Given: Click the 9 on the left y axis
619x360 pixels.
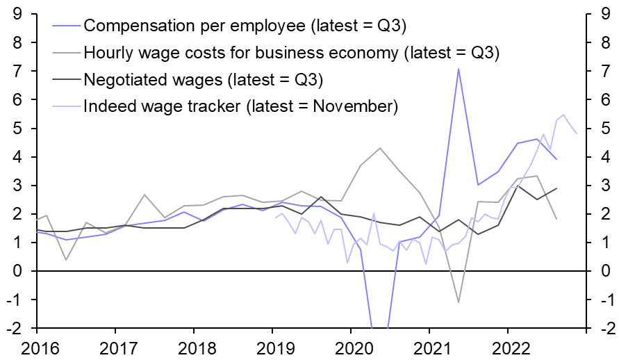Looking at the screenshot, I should (x=16, y=14).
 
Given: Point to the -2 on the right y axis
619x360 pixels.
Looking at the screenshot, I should (x=603, y=328).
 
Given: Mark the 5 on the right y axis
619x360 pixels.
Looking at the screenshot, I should (x=606, y=129).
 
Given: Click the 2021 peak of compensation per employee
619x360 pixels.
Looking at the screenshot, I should (x=459, y=68).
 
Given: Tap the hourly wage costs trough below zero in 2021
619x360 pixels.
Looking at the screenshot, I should (x=459, y=302).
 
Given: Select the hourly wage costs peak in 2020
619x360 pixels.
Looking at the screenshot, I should (x=380, y=148).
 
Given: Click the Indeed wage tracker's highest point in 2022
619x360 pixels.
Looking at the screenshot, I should (x=563, y=115).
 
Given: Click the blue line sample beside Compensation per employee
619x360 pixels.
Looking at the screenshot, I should (x=67, y=26).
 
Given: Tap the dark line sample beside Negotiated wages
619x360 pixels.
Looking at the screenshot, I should (x=67, y=80).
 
